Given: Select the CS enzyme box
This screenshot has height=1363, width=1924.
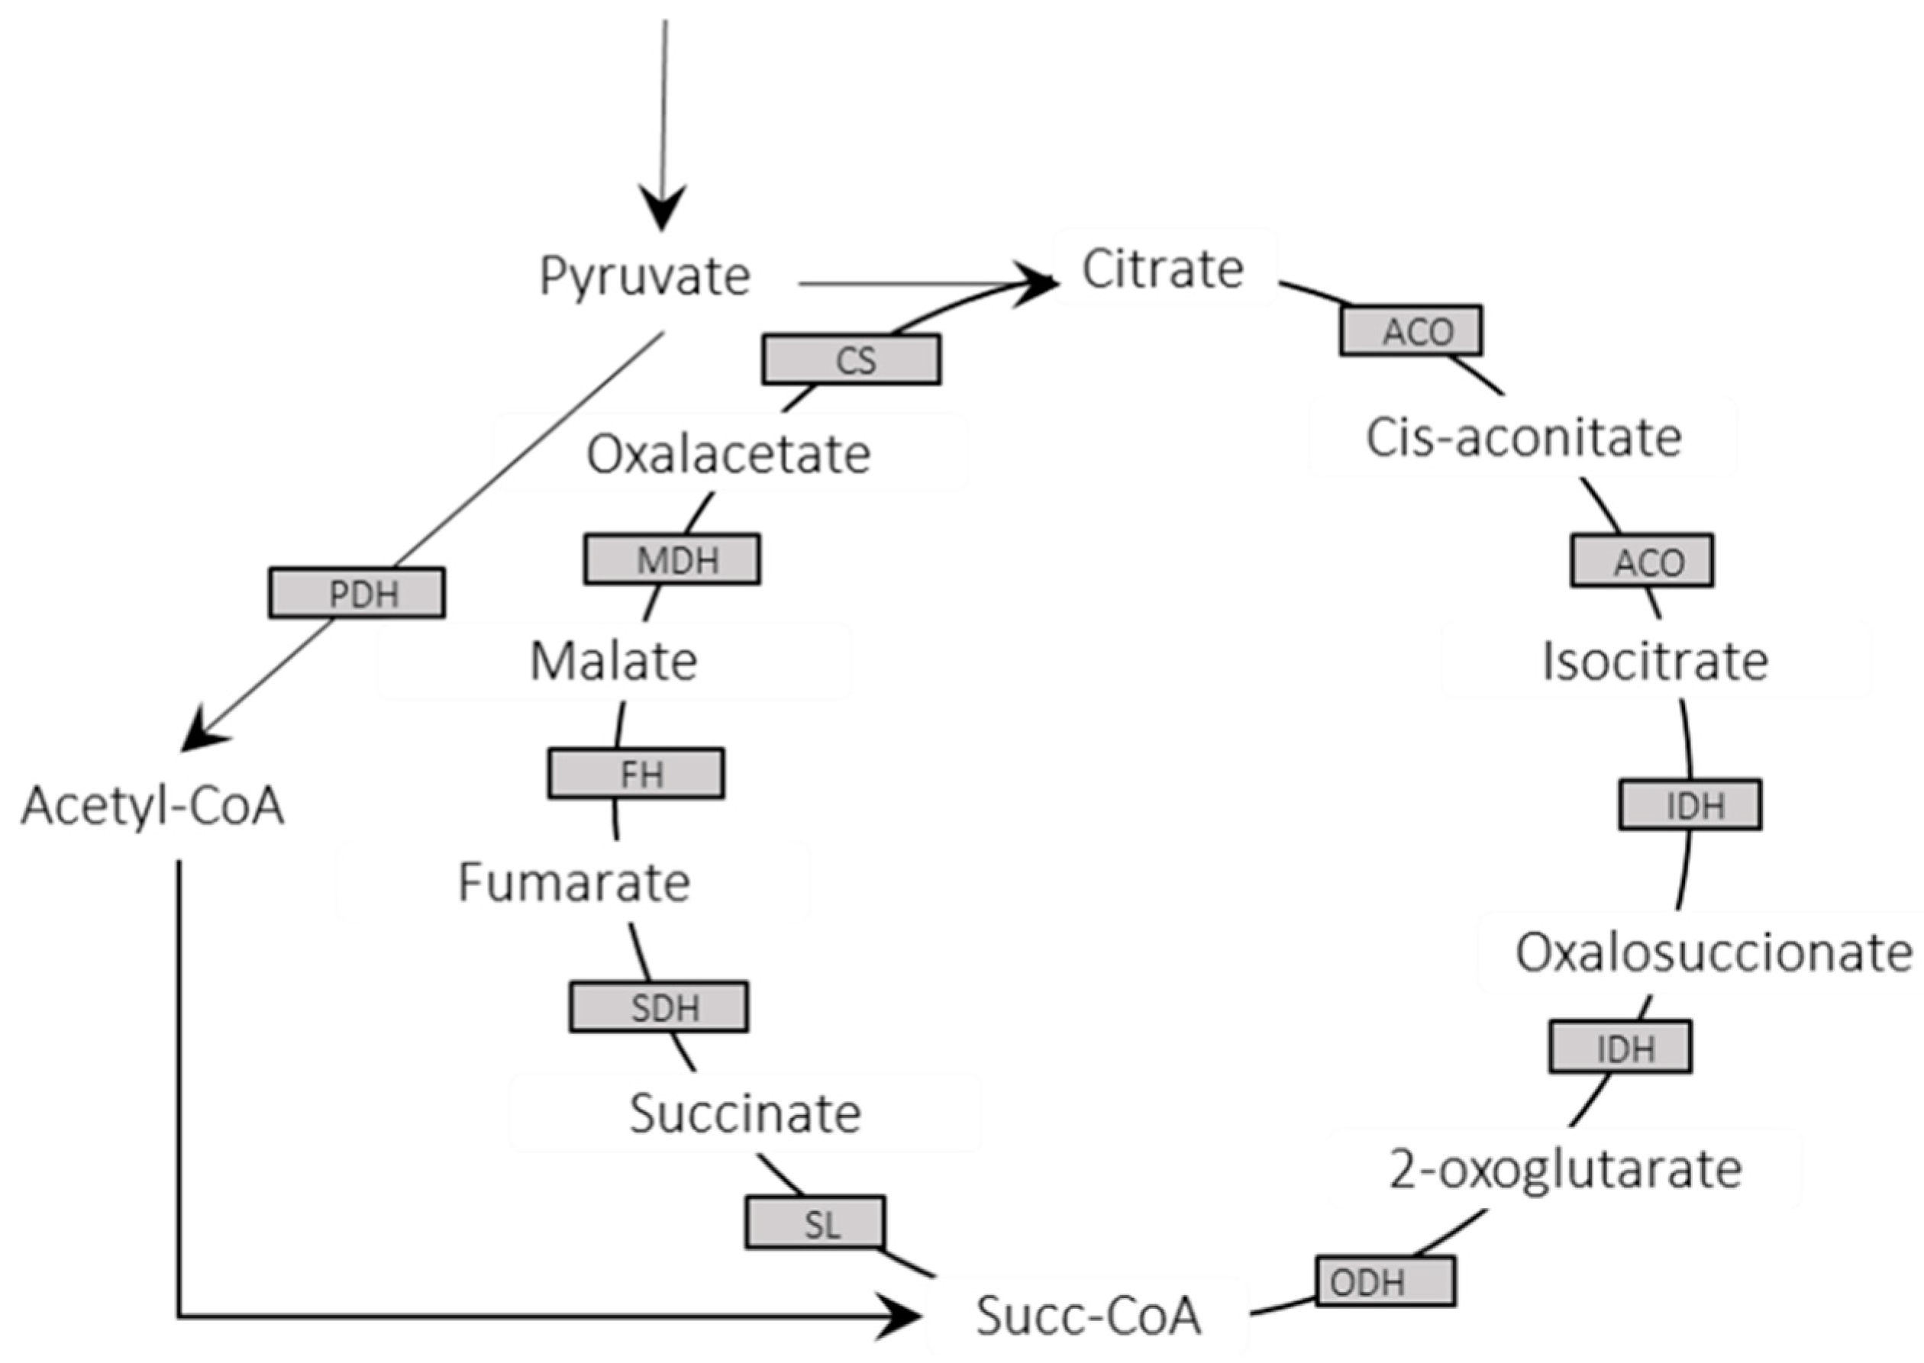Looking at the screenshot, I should (x=851, y=360).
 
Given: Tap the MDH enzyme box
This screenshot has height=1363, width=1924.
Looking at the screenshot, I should (x=673, y=559).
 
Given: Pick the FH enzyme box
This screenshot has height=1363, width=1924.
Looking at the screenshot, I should (x=636, y=773).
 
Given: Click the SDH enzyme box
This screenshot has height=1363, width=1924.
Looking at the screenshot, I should (x=659, y=1007).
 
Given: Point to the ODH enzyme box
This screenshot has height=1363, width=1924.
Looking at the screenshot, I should (x=1385, y=1281).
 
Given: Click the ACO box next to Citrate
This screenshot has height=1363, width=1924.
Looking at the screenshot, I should (x=1411, y=330).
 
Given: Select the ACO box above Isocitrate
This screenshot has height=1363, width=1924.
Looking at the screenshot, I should (x=1642, y=561).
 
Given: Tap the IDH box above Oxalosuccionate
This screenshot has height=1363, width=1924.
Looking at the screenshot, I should (x=1690, y=805).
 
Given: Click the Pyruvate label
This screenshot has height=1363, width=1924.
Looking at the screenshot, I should (x=644, y=276).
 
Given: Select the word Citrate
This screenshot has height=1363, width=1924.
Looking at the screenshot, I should (x=1163, y=269).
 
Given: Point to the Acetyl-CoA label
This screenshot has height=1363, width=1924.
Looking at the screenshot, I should (x=153, y=807).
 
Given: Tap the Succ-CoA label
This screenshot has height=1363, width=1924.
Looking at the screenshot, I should (x=1088, y=1315).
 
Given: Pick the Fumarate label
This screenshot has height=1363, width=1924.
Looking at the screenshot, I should (x=574, y=883).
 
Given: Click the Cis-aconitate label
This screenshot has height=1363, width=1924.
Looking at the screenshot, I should (x=1524, y=438).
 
